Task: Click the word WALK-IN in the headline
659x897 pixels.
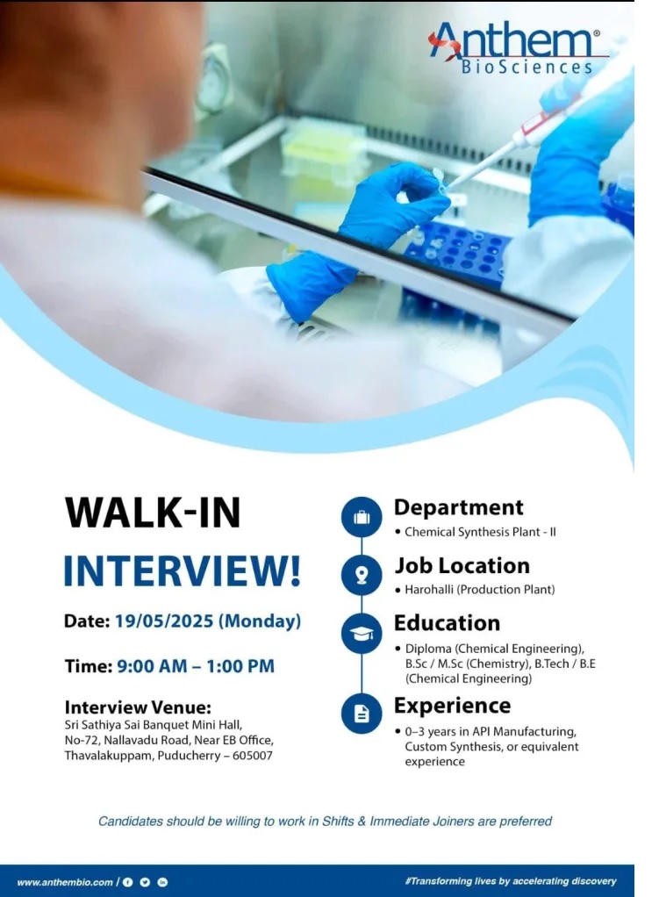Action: pyautogui.click(x=153, y=513)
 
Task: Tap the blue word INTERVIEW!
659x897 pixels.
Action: pyautogui.click(x=182, y=570)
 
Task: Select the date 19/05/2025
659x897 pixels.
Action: pyautogui.click(x=164, y=621)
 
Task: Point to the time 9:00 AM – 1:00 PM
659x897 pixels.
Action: pyautogui.click(x=196, y=666)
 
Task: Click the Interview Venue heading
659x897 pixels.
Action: pyautogui.click(x=138, y=707)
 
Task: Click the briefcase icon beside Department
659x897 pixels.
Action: pyautogui.click(x=362, y=517)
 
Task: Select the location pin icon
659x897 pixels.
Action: pyautogui.click(x=362, y=574)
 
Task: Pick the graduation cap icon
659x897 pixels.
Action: pyautogui.click(x=362, y=634)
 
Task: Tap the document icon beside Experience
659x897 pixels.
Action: pyautogui.click(x=362, y=714)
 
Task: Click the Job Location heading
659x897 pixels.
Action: pyautogui.click(x=462, y=566)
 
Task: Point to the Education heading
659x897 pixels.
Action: pyautogui.click(x=448, y=623)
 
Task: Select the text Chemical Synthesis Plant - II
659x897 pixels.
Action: pyautogui.click(x=480, y=532)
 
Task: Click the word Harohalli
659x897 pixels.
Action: pyautogui.click(x=428, y=589)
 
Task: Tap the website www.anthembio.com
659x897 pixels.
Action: pyautogui.click(x=65, y=882)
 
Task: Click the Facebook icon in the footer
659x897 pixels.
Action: pyautogui.click(x=127, y=882)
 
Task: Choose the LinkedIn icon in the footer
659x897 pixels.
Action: pyautogui.click(x=162, y=882)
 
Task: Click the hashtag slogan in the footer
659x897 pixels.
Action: pyautogui.click(x=511, y=881)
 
